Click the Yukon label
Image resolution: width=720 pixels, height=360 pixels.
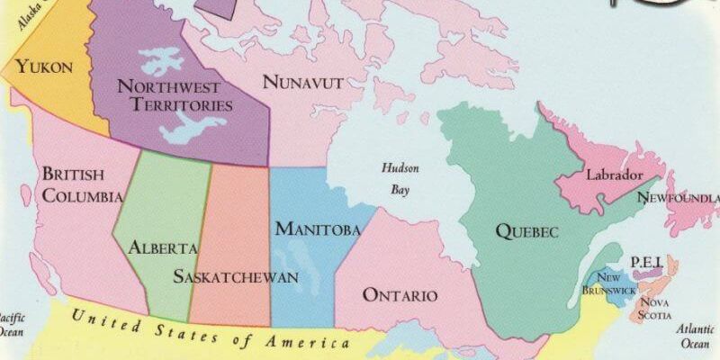point(43,67)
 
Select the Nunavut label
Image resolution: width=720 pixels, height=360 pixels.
point(303,83)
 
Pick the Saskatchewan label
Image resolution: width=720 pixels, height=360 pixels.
point(235,275)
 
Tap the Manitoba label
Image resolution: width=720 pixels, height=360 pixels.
point(318,229)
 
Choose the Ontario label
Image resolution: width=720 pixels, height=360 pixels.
point(400,295)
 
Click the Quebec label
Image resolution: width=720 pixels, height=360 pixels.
point(526,231)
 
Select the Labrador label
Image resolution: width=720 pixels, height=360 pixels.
point(614,175)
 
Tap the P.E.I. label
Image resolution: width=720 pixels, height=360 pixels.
point(646,262)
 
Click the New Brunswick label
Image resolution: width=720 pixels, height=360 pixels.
point(608,283)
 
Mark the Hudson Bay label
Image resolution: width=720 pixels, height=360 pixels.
point(400,178)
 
